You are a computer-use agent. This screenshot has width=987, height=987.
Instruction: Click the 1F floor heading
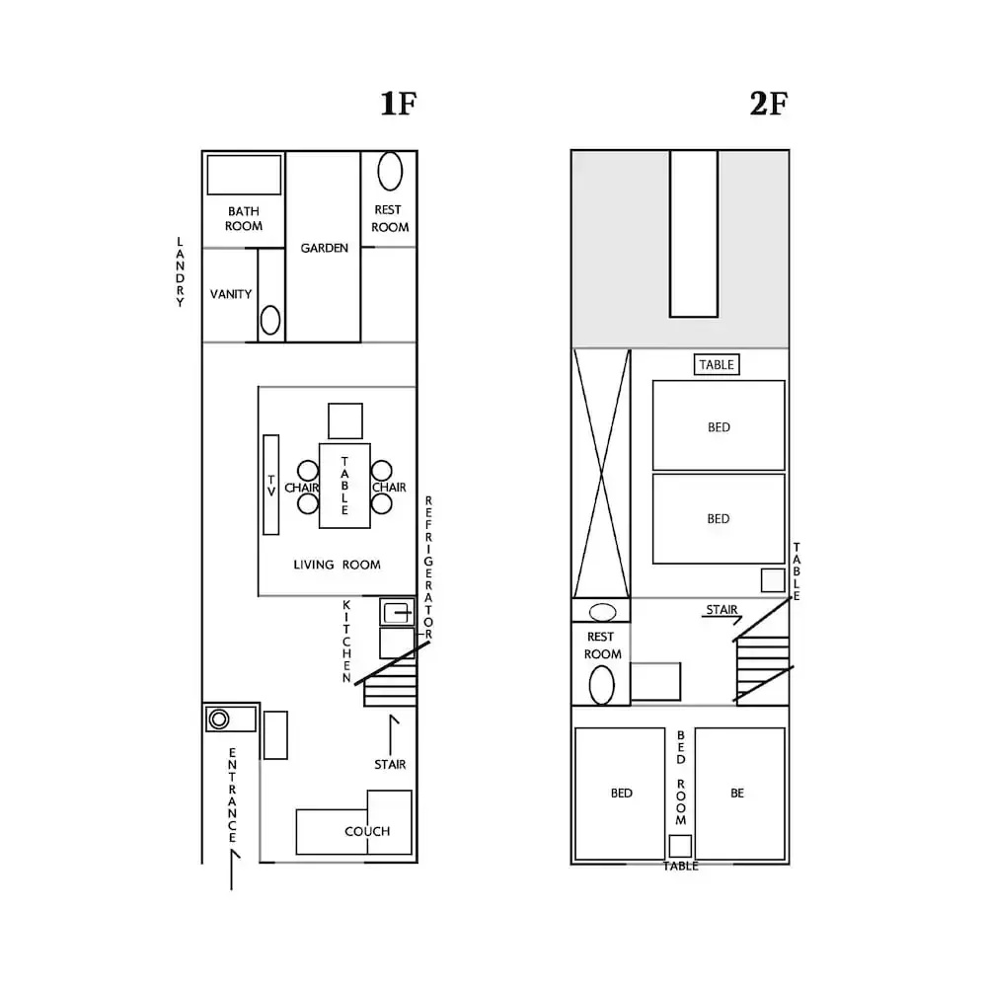coord(399,104)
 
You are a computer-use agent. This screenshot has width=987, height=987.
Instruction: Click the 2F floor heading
coord(769,104)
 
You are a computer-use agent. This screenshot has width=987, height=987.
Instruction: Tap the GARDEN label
coord(324,248)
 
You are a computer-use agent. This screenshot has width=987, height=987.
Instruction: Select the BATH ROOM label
coord(244,218)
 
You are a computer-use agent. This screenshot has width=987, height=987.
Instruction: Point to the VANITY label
coord(230,294)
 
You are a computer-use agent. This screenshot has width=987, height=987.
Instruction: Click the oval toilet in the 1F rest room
coord(390,171)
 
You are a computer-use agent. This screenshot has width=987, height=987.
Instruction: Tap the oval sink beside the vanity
coord(270,321)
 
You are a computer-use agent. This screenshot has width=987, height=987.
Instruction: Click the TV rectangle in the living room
coord(271,485)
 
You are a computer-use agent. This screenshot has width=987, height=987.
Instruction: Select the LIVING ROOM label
coord(337,565)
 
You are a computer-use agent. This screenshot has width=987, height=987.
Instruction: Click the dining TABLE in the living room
coord(344,486)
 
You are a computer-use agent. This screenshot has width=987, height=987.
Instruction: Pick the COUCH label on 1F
coord(367,831)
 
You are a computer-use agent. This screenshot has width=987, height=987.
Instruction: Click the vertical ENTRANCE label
coord(232,796)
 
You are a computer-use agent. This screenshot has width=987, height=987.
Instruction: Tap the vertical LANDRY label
coord(180,272)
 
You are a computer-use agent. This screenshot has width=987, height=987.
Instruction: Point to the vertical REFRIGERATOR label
coord(428,568)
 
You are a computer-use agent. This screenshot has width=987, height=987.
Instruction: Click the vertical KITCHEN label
coord(346,642)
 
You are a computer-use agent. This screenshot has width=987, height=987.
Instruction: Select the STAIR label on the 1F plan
coord(390,764)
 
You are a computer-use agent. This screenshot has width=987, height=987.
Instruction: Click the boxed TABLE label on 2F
coord(717,364)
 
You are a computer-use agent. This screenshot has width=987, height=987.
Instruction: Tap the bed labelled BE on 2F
coord(740,794)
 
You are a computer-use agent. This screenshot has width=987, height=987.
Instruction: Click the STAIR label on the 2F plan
coord(721,609)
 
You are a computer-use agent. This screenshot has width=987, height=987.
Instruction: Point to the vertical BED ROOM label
coord(681,778)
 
